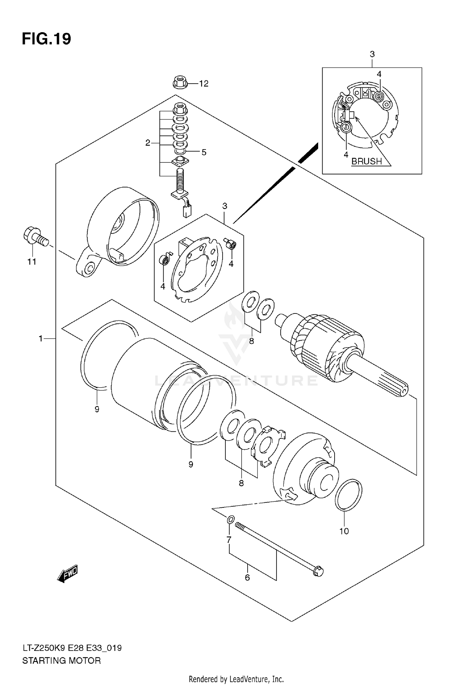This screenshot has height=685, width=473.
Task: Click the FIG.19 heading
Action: tap(46, 39)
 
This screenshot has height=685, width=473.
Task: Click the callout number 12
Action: tap(204, 84)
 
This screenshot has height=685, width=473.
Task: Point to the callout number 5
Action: tap(204, 152)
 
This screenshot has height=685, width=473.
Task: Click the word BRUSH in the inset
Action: tap(366, 161)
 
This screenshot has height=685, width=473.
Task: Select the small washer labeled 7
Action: tap(231, 519)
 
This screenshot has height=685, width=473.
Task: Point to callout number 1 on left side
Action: tap(40, 339)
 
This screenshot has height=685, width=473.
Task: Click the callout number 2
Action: tap(148, 143)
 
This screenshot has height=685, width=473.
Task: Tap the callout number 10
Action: tap(344, 531)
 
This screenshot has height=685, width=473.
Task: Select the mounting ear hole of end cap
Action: tap(89, 268)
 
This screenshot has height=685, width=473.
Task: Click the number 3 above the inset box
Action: tap(372, 54)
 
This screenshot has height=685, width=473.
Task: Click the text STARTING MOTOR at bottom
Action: tap(61, 660)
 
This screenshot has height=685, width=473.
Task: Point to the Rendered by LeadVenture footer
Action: tap(236, 679)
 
